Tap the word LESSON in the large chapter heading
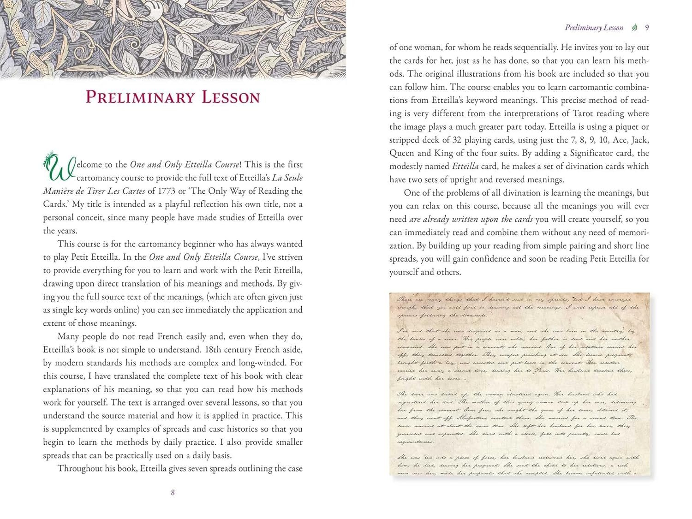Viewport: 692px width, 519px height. coord(231,97)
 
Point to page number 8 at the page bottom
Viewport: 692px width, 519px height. coord(173,492)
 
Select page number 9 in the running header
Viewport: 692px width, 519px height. coord(647,28)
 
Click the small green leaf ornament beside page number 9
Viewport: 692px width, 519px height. coord(635,28)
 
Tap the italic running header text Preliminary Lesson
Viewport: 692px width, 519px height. coord(594,28)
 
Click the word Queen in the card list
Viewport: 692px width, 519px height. coord(401,153)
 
